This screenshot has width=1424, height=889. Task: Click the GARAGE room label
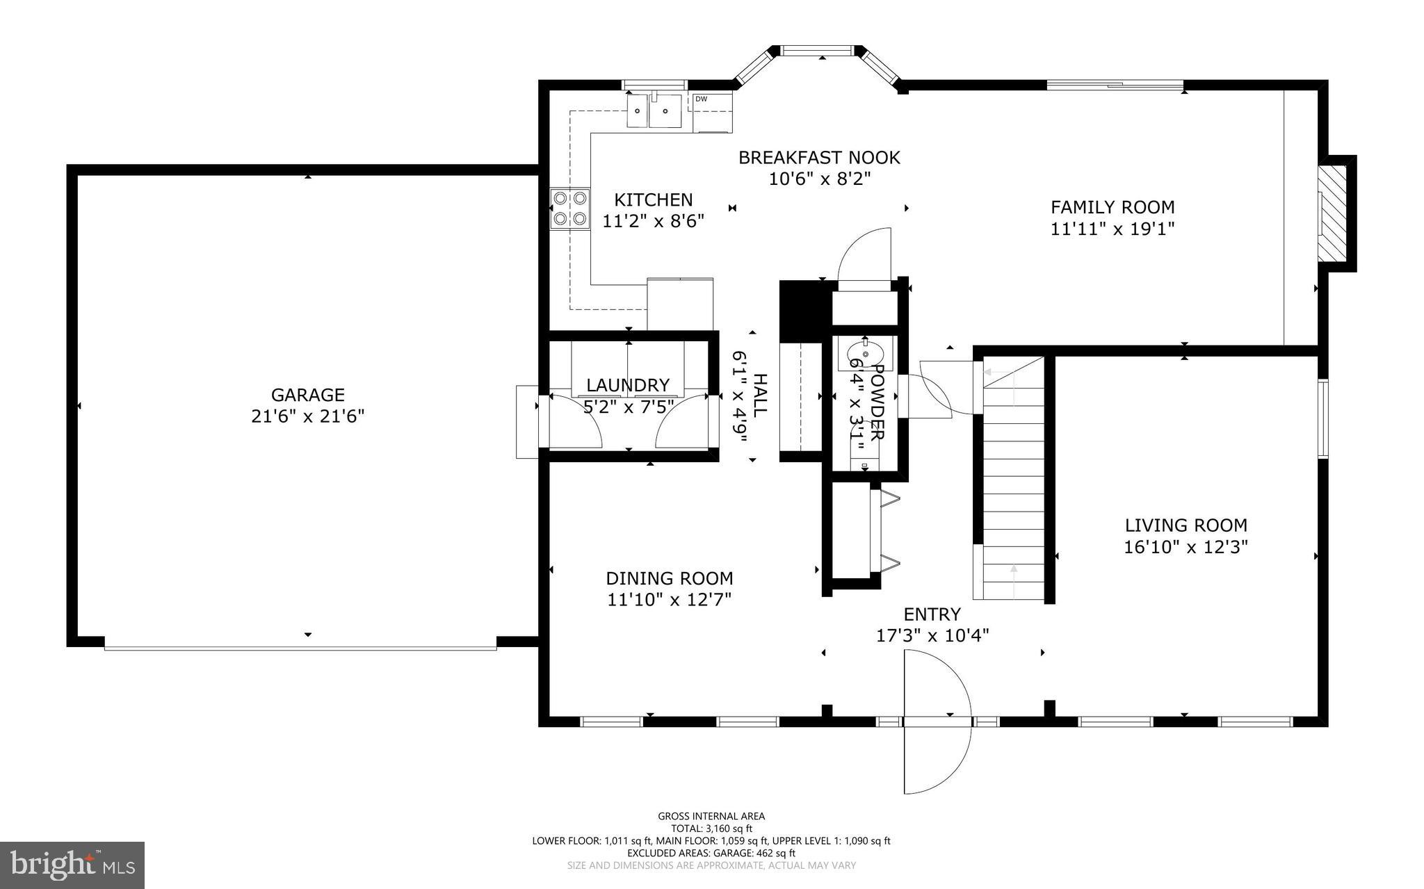[307, 395]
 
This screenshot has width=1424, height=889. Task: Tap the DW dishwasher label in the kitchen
[701, 99]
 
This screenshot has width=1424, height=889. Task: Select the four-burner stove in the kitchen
[569, 209]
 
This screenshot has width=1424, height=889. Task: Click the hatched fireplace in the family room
[1333, 224]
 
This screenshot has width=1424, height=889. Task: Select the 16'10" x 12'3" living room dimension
[1186, 547]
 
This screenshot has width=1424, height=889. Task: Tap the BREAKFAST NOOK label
[818, 158]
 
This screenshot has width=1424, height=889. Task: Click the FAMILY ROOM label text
[1112, 207]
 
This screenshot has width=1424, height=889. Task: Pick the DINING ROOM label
[669, 578]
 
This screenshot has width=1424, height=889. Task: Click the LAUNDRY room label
[627, 385]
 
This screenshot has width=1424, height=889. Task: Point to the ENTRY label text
[932, 614]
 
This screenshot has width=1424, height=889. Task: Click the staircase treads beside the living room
[1014, 487]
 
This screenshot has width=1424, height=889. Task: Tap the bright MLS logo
[72, 865]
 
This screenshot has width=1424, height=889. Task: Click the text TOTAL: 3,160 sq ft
[711, 829]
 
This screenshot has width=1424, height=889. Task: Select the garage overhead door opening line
[300, 648]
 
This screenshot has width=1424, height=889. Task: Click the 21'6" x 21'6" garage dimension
[307, 416]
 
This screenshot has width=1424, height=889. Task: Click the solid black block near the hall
[805, 311]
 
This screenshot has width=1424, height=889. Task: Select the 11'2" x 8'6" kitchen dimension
[653, 221]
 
